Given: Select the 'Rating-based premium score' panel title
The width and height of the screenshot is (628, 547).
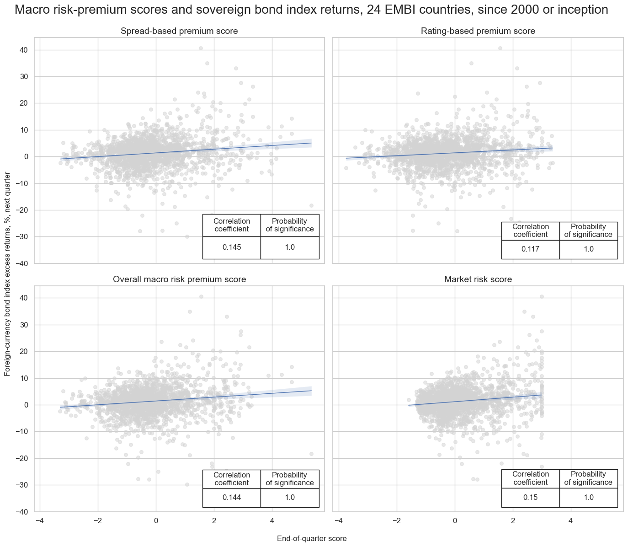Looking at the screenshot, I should click(478, 31).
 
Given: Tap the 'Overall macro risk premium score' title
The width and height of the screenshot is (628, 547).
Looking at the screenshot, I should click(179, 279).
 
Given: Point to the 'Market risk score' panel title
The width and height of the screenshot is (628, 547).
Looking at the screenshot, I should click(478, 279).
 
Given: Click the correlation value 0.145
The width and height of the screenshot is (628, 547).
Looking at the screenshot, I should click(232, 247).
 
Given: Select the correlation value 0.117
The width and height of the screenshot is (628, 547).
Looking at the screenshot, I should click(530, 249).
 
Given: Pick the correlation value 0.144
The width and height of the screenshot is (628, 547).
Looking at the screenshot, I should click(232, 498).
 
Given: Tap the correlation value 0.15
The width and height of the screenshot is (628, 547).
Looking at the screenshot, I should click(530, 498).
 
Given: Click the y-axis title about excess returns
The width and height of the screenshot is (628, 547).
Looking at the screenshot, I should click(7, 274).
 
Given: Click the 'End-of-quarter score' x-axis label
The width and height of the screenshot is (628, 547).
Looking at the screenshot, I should click(312, 539).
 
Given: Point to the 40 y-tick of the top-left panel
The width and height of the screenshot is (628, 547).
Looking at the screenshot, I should click(24, 50).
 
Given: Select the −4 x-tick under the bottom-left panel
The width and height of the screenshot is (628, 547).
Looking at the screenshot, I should click(40, 520).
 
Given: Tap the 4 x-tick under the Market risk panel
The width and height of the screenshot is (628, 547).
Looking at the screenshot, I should click(571, 520).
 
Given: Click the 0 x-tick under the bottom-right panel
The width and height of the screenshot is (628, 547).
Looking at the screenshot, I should click(455, 520).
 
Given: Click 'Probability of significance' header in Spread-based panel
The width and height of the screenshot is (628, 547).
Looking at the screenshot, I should click(290, 225).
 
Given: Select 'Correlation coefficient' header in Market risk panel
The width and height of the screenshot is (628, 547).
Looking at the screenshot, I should click(530, 478).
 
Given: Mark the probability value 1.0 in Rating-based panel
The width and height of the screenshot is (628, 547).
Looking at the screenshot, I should click(588, 249).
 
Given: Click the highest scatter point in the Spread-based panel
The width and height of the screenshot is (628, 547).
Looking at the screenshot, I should click(201, 48).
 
